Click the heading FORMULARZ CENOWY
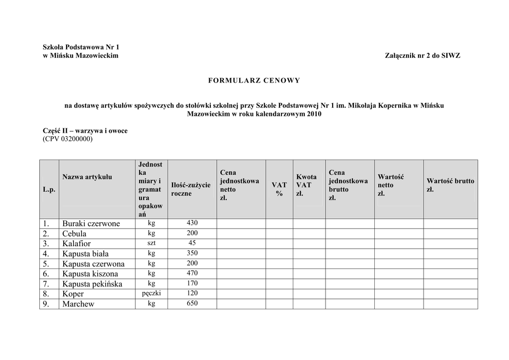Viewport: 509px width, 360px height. [254, 80]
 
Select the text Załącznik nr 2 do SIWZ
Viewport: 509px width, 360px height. [423, 56]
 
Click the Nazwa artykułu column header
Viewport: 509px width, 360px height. [87, 177]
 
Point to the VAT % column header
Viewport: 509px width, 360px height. [279, 189]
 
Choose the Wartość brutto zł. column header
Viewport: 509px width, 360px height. [450, 185]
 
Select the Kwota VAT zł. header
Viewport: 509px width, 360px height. [306, 185]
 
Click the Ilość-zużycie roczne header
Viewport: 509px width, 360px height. [191, 189]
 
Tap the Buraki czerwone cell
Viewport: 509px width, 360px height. [91, 224]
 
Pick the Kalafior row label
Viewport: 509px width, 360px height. [77, 244]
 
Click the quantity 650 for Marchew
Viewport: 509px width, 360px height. [192, 303]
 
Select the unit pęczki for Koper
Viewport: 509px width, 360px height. [152, 293]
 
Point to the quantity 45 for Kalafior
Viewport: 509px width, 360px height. [192, 243]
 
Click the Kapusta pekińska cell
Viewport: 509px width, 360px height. [92, 284]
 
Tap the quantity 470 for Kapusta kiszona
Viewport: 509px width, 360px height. [192, 273]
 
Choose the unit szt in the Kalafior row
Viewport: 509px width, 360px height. [152, 243]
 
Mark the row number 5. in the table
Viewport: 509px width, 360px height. [46, 264]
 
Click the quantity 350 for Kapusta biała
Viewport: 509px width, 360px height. [192, 253]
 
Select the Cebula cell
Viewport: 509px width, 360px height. [75, 234]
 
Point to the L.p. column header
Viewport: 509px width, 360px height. [49, 190]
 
